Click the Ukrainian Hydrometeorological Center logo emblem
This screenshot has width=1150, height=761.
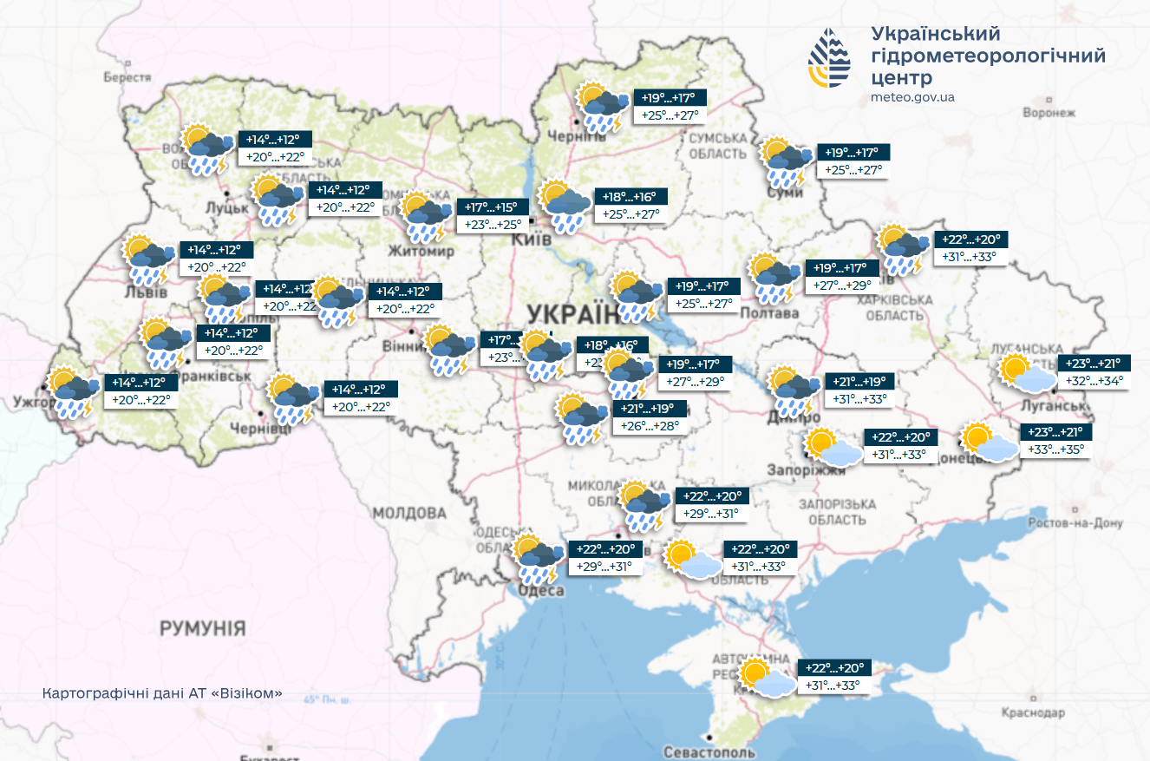click(x=830, y=58)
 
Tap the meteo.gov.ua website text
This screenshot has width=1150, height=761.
click(x=912, y=97)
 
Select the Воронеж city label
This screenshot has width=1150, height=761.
click(x=1049, y=113)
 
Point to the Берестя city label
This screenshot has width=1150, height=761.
click(x=127, y=77)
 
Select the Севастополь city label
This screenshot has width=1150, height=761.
click(x=709, y=751)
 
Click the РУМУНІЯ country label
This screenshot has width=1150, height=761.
click(x=202, y=628)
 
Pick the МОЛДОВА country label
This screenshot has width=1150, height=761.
click(x=409, y=513)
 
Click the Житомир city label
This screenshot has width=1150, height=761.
click(x=421, y=252)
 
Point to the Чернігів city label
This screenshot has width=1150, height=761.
click(x=574, y=137)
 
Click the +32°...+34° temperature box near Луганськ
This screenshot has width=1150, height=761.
click(x=1093, y=381)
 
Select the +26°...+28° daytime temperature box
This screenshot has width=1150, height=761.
click(x=650, y=426)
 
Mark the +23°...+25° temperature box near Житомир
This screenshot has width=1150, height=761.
click(x=492, y=224)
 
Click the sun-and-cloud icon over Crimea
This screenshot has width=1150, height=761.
click(x=768, y=678)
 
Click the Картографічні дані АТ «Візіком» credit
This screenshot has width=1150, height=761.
click(x=162, y=695)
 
